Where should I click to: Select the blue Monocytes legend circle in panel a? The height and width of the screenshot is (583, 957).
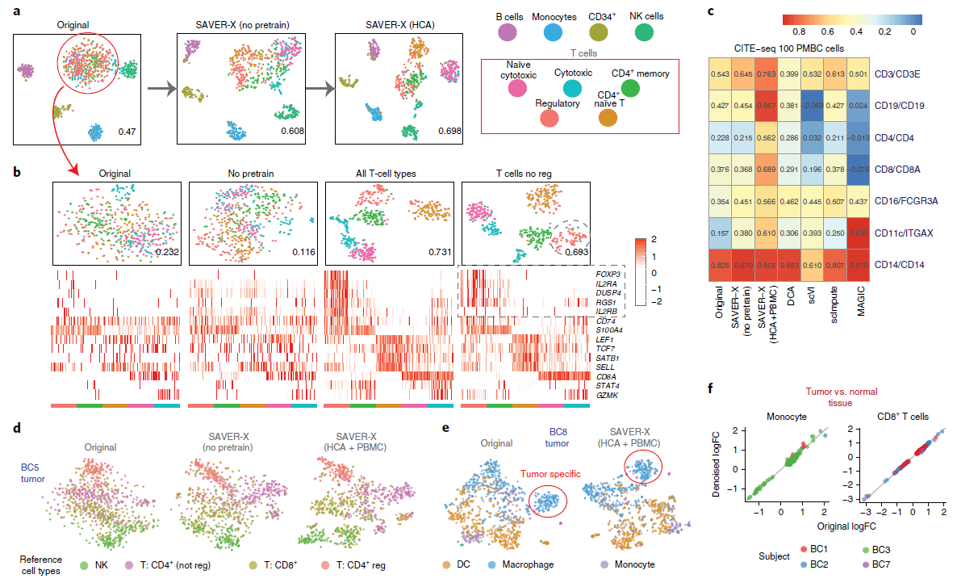tap(553, 32)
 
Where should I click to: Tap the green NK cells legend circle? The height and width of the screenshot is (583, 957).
tap(644, 32)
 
